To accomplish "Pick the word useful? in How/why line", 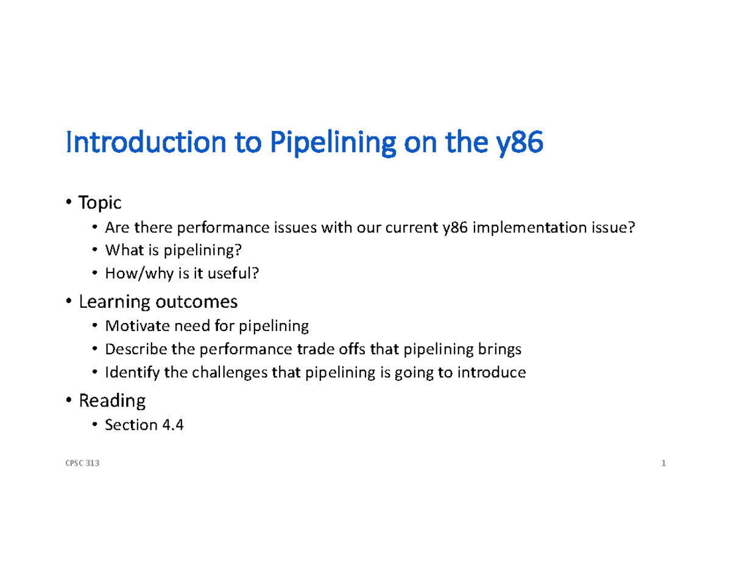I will click(x=234, y=274).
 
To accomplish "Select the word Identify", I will click(x=130, y=372).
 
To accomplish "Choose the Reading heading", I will click(x=112, y=400).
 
